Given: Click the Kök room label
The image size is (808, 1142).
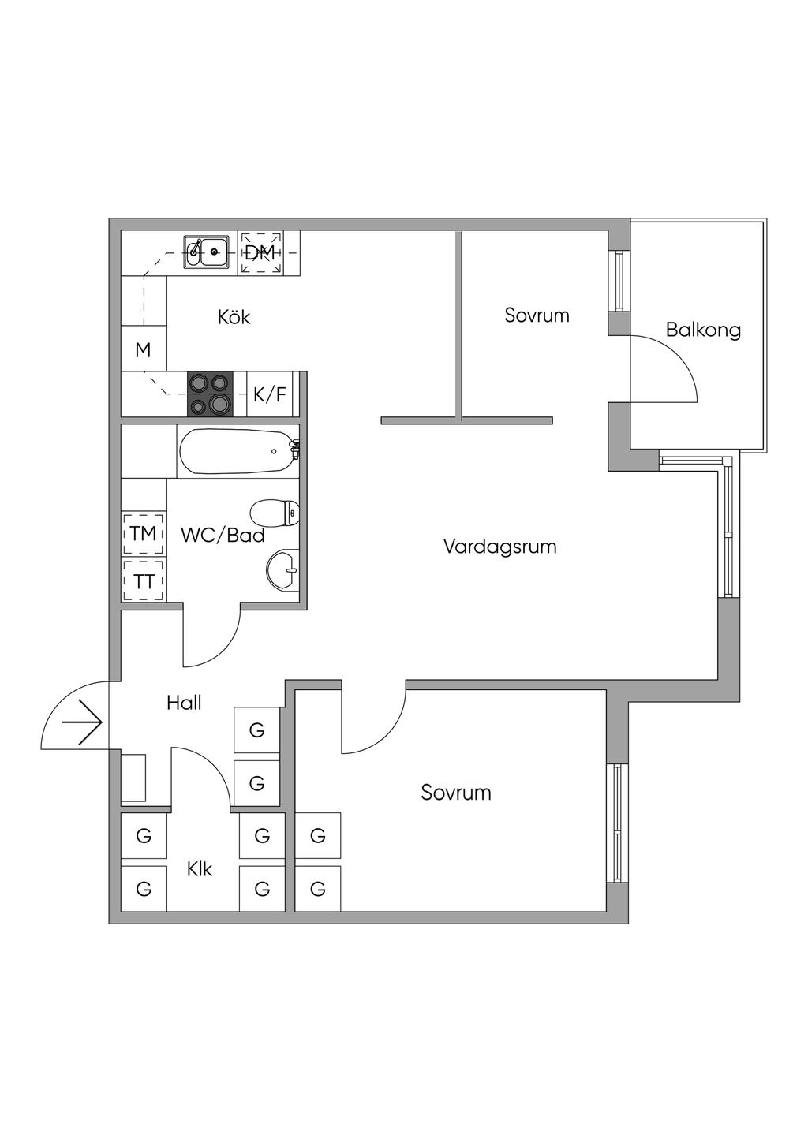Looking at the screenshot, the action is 234,317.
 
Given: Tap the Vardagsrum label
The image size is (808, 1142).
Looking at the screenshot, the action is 500,547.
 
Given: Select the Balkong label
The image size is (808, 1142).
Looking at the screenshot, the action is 703,330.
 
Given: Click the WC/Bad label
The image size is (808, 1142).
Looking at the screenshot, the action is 223,535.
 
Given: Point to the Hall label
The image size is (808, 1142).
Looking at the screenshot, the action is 184,703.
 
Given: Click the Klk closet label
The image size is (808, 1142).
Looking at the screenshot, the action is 200,869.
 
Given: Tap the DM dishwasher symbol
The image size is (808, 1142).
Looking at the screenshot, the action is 260,252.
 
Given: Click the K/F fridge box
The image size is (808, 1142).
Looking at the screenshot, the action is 270,394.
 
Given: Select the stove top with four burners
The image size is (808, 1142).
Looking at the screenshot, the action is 210,394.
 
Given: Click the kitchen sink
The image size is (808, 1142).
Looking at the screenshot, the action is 207,252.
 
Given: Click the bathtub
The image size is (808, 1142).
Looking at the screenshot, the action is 238,451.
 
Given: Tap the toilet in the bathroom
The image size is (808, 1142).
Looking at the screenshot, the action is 275,513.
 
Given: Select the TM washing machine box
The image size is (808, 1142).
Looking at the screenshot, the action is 144,534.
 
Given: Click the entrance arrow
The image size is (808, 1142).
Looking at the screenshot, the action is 82,722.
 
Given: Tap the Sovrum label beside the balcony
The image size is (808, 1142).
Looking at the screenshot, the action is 537,315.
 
